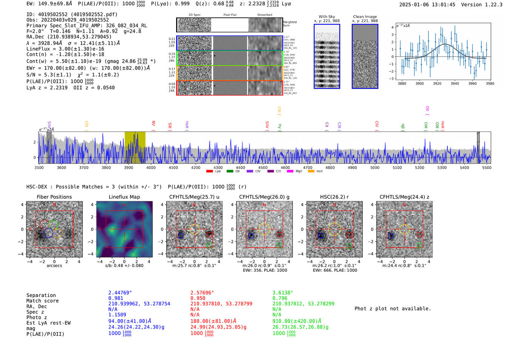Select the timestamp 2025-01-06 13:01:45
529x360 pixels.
point(427,5)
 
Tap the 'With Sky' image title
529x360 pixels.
point(327,17)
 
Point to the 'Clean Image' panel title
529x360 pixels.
point(365,17)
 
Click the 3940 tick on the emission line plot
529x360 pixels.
point(455,83)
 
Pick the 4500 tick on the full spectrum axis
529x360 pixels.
point(263,167)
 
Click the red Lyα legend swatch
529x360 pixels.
point(210,171)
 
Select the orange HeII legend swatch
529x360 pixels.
point(311,171)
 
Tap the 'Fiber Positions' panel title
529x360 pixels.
point(54,197)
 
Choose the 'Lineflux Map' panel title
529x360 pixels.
point(124,197)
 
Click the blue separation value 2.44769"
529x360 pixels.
point(120,293)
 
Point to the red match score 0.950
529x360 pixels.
point(198,298)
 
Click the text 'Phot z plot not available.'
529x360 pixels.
point(393,309)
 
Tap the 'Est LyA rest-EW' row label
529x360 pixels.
point(48,323)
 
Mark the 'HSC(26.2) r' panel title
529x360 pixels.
point(334,197)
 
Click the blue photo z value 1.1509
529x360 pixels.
point(117,315)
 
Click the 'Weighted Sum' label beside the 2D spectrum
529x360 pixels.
point(290,24)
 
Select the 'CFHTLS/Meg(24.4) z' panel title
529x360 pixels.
point(404,197)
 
